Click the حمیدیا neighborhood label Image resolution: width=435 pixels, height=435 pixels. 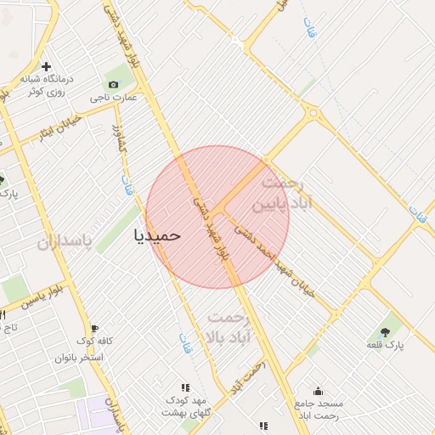click(157, 234)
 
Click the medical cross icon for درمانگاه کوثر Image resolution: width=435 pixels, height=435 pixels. click(46, 66)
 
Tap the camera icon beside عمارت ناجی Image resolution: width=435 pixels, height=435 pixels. click(113, 84)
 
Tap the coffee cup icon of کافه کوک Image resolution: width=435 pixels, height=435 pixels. click(94, 328)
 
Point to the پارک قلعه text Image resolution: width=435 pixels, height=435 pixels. click(385, 345)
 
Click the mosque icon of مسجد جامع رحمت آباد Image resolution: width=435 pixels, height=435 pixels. click(318, 391)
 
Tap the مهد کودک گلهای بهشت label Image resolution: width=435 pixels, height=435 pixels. click(186, 405)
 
